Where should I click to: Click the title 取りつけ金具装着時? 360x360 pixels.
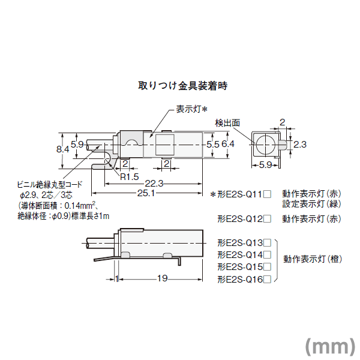coord(183,86)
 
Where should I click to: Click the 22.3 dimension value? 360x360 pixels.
coord(154,184)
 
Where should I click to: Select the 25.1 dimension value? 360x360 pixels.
coord(146,193)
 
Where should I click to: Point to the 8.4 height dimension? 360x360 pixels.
coord(62,149)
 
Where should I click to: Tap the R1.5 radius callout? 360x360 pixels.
coord(130,177)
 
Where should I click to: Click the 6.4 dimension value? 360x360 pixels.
coord(228,144)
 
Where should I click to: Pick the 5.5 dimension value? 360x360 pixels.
coord(213,145)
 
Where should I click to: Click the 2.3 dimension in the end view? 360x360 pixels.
coord(300,145)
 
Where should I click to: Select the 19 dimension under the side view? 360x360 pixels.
coord(163,278)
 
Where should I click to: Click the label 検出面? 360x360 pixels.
coord(227,123)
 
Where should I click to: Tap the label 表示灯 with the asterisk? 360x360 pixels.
coord(192,109)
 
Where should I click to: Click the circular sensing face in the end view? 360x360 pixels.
coord(265,145)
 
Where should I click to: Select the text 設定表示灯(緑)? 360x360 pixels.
coord(312,204)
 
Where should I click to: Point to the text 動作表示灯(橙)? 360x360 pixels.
coord(313,259)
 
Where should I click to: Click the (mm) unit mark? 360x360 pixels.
coord(330,346)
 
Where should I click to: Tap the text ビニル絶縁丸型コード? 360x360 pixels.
coord(50,184)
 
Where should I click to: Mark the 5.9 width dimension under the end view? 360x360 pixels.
coord(265,165)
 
